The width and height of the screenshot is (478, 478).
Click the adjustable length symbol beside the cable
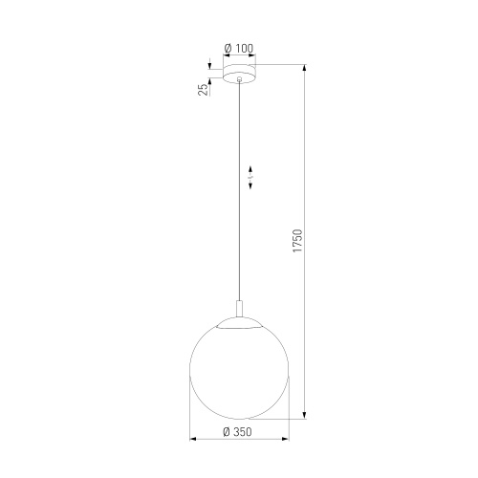pos(250,179)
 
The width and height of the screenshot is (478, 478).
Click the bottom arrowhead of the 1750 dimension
pos(305,416)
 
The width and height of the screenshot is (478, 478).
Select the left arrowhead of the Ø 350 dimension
pos(194,441)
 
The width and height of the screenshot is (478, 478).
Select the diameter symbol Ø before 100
pos(226,48)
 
